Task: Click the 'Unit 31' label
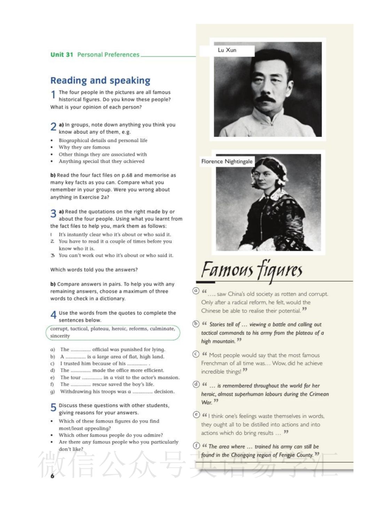tap(62, 55)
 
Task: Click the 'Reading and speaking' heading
tap(100, 80)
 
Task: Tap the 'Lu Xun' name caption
tap(227, 50)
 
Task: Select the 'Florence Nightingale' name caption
tap(227, 161)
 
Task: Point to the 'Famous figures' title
tap(252, 270)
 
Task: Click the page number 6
tap(52, 476)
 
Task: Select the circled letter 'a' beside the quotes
tap(196, 291)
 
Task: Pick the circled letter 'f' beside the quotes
tap(196, 445)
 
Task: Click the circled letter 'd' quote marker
tap(196, 384)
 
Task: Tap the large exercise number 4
tap(53, 315)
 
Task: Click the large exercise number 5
tap(53, 407)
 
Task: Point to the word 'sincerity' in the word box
tap(60, 336)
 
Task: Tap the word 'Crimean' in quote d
tap(319, 394)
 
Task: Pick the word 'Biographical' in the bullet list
tap(73, 140)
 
